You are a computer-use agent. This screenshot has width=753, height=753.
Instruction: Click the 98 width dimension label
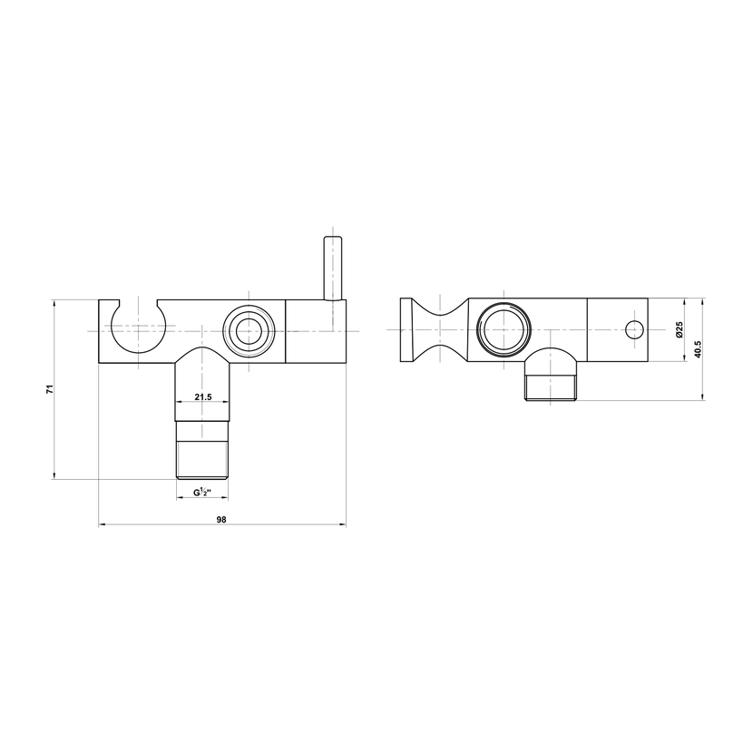coord(220,519)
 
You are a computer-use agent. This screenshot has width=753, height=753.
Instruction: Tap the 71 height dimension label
coord(50,389)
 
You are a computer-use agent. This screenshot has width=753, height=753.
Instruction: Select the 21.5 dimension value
coord(202,396)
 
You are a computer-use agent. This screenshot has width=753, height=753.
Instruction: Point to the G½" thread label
coord(202,493)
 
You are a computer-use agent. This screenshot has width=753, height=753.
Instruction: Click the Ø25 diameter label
coord(679,329)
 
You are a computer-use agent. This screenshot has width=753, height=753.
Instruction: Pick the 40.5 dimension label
coord(698,349)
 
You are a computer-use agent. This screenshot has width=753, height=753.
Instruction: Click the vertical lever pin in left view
coord(332,268)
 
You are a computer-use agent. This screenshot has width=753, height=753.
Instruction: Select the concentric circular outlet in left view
coord(249,330)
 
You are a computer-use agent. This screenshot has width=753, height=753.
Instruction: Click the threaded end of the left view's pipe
coord(202,460)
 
